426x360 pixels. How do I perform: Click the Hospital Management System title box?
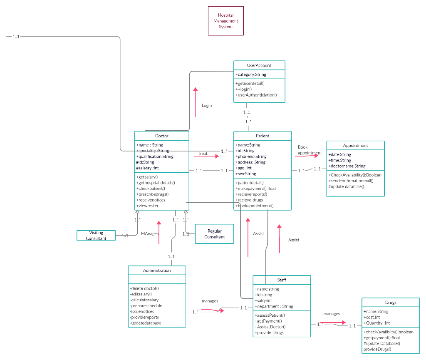tap(225, 21)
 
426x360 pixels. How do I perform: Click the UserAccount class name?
tap(259, 65)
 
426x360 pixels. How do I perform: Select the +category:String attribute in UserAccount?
tap(251, 74)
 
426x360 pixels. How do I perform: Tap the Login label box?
tap(207, 105)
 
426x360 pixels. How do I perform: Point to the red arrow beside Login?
tap(195, 102)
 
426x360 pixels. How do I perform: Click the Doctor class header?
tap(161, 136)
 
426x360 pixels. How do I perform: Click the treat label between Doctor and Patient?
tap(203, 154)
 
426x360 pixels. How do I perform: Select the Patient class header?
tap(263, 136)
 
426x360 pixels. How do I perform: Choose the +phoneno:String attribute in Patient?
tap(251, 156)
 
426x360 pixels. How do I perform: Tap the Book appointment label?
tap(310, 150)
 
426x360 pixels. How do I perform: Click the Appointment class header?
tap(355, 145)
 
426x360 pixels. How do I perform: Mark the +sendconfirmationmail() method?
tap(351, 181)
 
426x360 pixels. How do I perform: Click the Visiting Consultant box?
tap(96, 235)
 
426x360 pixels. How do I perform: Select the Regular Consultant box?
tap(214, 234)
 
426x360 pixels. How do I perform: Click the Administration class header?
tap(157, 270)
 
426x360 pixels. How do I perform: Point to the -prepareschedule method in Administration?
tap(146, 305)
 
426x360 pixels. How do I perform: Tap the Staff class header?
tap(282, 280)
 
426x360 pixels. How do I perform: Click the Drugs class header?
tap(391, 302)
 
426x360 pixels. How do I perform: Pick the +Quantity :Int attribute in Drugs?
tap(376, 323)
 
